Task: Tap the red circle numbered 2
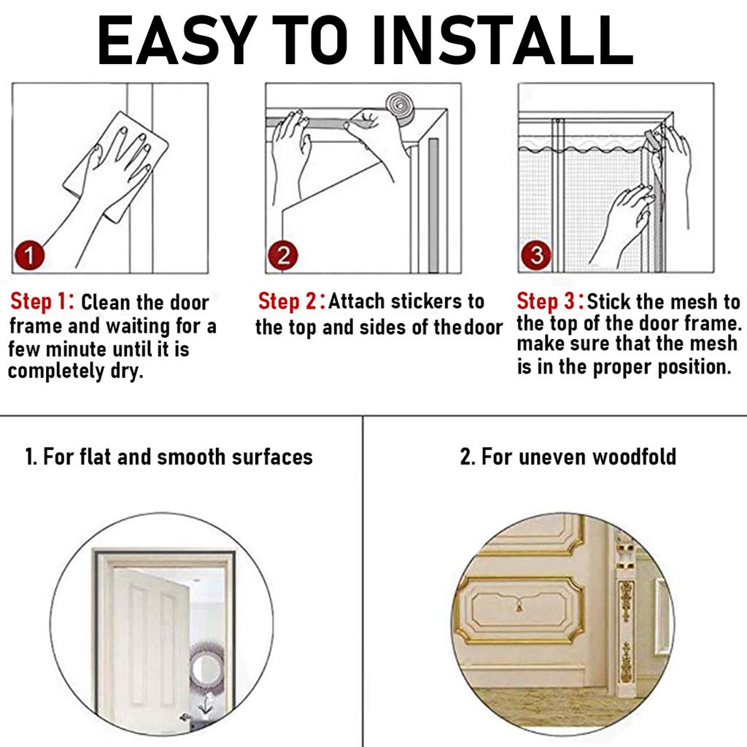(x=282, y=256)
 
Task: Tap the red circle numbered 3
(x=536, y=256)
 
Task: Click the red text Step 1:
(x=42, y=302)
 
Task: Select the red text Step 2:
(x=291, y=301)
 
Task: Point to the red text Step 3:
(x=549, y=301)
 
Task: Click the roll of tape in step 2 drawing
(x=400, y=108)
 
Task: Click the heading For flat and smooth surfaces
(x=169, y=457)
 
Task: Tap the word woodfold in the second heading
(x=633, y=457)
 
